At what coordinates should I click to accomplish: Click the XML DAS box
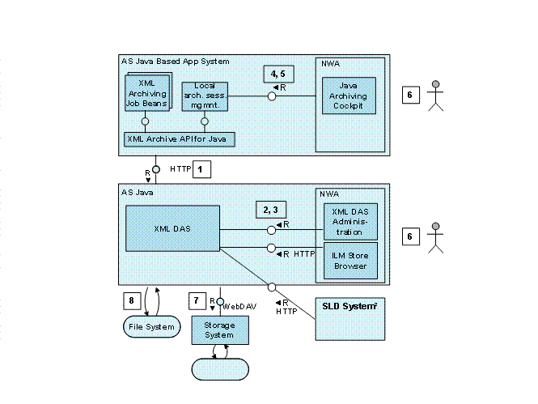172,228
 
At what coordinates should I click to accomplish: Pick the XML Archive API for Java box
179,139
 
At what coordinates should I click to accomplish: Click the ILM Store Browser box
349,259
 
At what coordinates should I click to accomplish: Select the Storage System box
218,330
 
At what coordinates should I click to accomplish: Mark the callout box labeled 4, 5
277,74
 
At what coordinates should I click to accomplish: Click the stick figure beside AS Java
436,236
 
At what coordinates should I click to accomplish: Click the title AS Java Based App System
175,62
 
